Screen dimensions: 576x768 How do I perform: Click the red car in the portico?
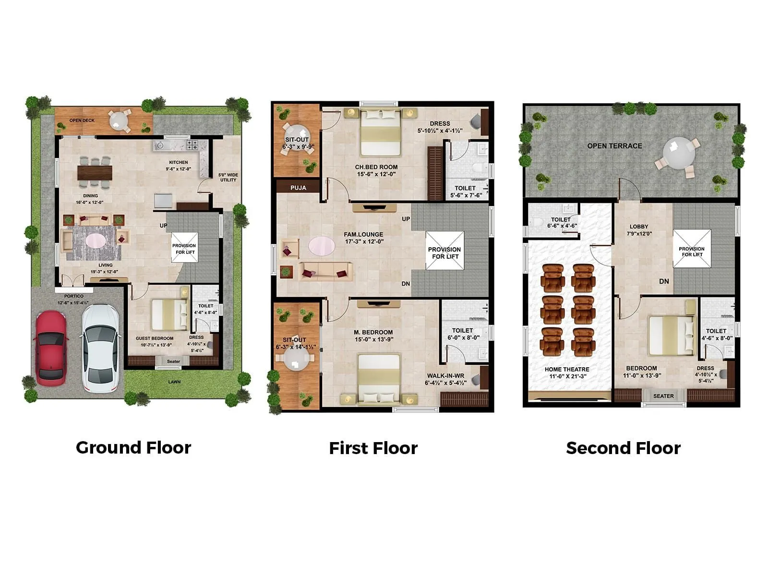[x=50, y=348]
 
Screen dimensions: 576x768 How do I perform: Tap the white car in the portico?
[x=100, y=348]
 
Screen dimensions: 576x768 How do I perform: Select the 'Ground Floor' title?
[x=133, y=447]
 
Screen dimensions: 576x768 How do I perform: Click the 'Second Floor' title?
[x=623, y=448]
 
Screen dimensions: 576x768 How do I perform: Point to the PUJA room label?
[x=298, y=188]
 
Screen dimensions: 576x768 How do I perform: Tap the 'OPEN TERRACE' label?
[x=614, y=146]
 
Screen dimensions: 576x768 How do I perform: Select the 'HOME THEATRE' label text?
[x=567, y=370]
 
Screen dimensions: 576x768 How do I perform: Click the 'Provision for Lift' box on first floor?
[x=445, y=251]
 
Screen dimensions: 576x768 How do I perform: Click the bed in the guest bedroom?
[x=169, y=314]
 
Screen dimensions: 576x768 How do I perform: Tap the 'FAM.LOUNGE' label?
[x=363, y=235]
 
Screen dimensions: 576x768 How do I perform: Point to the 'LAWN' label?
[x=174, y=382]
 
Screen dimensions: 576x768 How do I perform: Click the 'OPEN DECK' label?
[x=82, y=120]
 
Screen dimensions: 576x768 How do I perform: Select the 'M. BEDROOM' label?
[x=373, y=332]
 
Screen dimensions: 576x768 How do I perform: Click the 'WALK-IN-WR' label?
[x=445, y=376]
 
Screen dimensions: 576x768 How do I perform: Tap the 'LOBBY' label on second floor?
[x=639, y=227]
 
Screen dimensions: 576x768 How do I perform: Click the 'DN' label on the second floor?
[x=664, y=281]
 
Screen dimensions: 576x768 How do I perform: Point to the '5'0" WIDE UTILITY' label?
[x=228, y=178]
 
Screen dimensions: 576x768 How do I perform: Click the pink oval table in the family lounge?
[x=322, y=246]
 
